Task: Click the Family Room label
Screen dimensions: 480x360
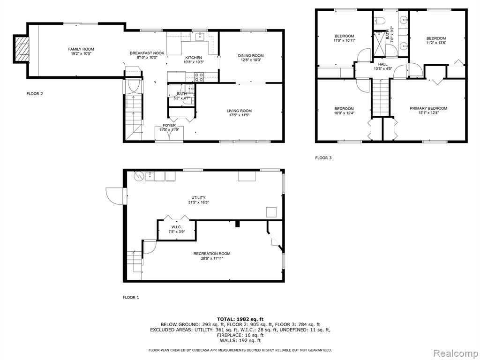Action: click(x=81, y=49)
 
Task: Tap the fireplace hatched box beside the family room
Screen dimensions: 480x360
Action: click(x=22, y=49)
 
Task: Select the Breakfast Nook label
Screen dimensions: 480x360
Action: click(x=147, y=53)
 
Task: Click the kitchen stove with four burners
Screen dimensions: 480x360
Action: click(x=199, y=76)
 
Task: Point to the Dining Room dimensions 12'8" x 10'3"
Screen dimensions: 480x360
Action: click(x=251, y=60)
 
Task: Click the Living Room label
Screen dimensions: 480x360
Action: click(x=239, y=111)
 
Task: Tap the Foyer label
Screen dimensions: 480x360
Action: click(x=169, y=125)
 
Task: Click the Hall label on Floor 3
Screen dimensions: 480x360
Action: click(x=382, y=64)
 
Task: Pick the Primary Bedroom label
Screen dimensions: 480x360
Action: click(x=428, y=108)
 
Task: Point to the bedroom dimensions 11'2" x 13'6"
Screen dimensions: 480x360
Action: click(x=436, y=43)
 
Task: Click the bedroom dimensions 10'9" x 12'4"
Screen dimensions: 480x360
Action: click(x=344, y=113)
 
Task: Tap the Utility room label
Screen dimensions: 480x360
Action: click(x=198, y=197)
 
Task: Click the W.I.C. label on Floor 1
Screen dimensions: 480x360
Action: click(x=177, y=227)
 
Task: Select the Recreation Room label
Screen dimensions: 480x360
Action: click(x=212, y=254)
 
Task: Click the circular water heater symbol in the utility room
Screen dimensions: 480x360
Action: click(x=138, y=176)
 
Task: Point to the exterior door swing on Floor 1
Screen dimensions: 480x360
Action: click(x=115, y=196)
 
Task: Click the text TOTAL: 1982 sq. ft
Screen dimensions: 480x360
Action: click(x=240, y=319)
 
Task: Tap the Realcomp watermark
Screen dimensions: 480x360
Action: click(x=456, y=353)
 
